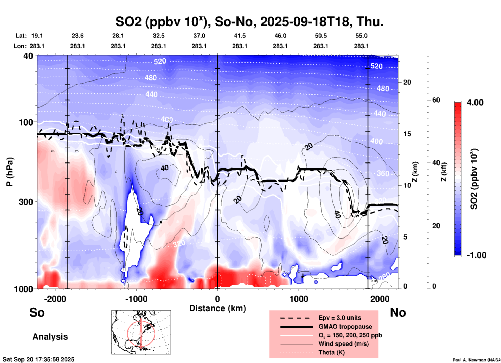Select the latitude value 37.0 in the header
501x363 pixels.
pyautogui.click(x=199, y=36)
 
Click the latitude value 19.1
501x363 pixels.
pyautogui.click(x=37, y=36)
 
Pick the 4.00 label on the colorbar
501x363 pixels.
pyautogui.click(x=475, y=103)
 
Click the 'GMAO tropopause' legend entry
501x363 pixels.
pyautogui.click(x=345, y=327)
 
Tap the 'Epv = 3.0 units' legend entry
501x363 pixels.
pyautogui.click(x=340, y=318)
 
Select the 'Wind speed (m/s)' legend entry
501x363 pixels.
pyautogui.click(x=343, y=344)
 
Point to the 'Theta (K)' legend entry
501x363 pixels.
pyautogui.click(x=331, y=353)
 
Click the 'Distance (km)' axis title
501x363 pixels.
pyautogui.click(x=217, y=308)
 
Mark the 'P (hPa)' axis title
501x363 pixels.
pyautogui.click(x=10, y=172)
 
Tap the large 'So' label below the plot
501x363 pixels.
pyautogui.click(x=37, y=312)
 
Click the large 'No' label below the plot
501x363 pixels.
pyautogui.click(x=398, y=312)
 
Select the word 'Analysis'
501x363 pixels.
pyautogui.click(x=50, y=337)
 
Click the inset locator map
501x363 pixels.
pyautogui.click(x=141, y=332)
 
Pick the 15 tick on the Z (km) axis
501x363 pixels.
pyautogui.click(x=407, y=134)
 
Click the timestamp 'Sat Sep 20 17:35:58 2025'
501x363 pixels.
pyautogui.click(x=38, y=359)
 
